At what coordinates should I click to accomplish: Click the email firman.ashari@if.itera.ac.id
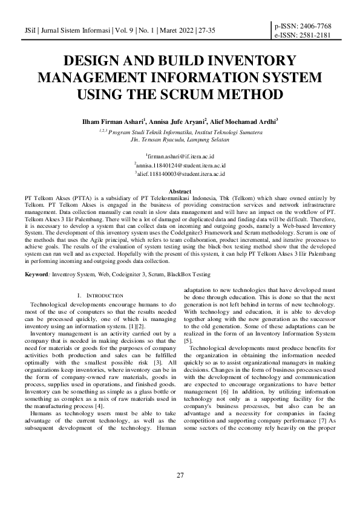(180, 156)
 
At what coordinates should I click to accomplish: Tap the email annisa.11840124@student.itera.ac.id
(180, 164)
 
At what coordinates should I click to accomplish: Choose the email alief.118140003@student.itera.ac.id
(180, 173)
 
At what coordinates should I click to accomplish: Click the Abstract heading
(180, 191)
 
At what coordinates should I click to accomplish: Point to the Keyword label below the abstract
(37, 274)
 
